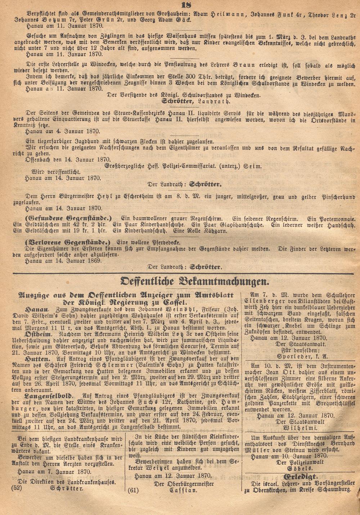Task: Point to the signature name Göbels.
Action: pyautogui.click(x=299, y=469)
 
